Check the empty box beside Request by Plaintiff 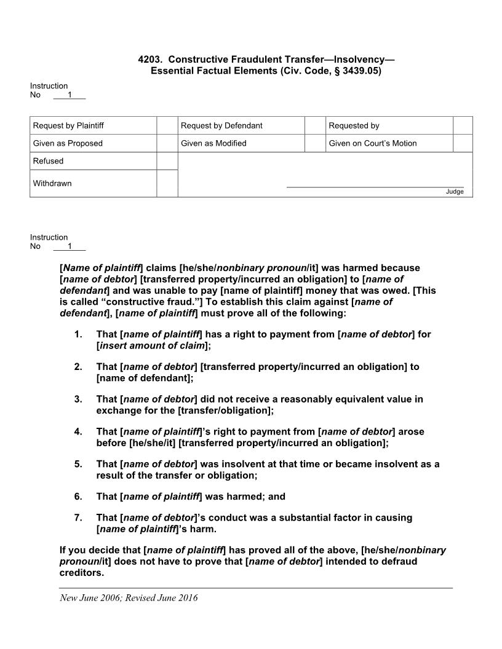click(x=167, y=125)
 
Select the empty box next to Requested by click(x=463, y=125)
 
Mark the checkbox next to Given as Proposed click(x=167, y=143)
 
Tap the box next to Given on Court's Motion click(x=463, y=143)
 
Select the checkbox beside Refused click(x=167, y=161)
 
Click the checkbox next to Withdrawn click(x=167, y=183)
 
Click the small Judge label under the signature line click(x=455, y=192)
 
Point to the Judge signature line click(x=375, y=186)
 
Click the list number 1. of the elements click(x=78, y=334)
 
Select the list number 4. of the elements click(x=78, y=431)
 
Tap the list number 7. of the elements click(x=78, y=517)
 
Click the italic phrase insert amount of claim click(x=151, y=345)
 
